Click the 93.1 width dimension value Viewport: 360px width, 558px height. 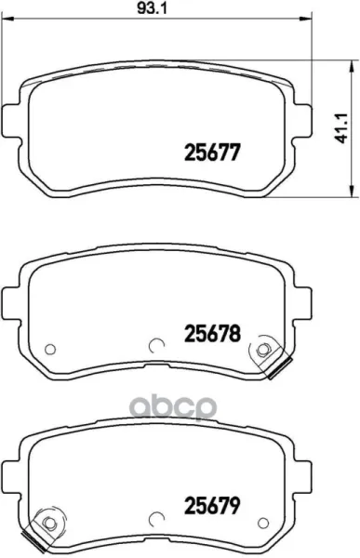point(152,8)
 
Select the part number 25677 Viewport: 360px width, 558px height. point(213,153)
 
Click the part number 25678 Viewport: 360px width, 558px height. point(213,334)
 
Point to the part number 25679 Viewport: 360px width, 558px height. point(213,505)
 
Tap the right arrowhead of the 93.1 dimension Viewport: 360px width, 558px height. point(306,19)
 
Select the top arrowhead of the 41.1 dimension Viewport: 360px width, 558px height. point(352,66)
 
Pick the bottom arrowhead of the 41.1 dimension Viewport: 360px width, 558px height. point(352,191)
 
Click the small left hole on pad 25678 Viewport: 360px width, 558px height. point(50,349)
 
